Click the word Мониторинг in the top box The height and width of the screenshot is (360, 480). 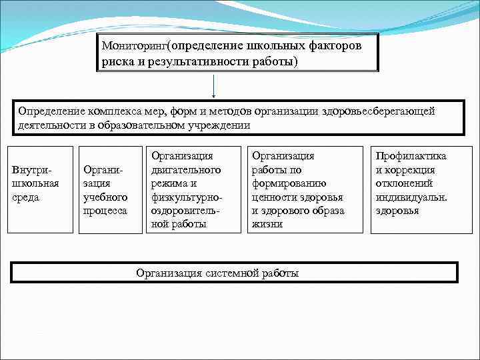click(134, 47)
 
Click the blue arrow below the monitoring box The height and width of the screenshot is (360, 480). click(214, 87)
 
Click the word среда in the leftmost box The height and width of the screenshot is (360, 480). click(27, 197)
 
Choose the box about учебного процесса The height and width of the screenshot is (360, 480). click(105, 189)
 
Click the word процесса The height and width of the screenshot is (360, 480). click(105, 210)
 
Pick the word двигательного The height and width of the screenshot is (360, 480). click(183, 170)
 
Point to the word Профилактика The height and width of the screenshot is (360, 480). click(411, 156)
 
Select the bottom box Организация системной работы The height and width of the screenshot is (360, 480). click(235, 272)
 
